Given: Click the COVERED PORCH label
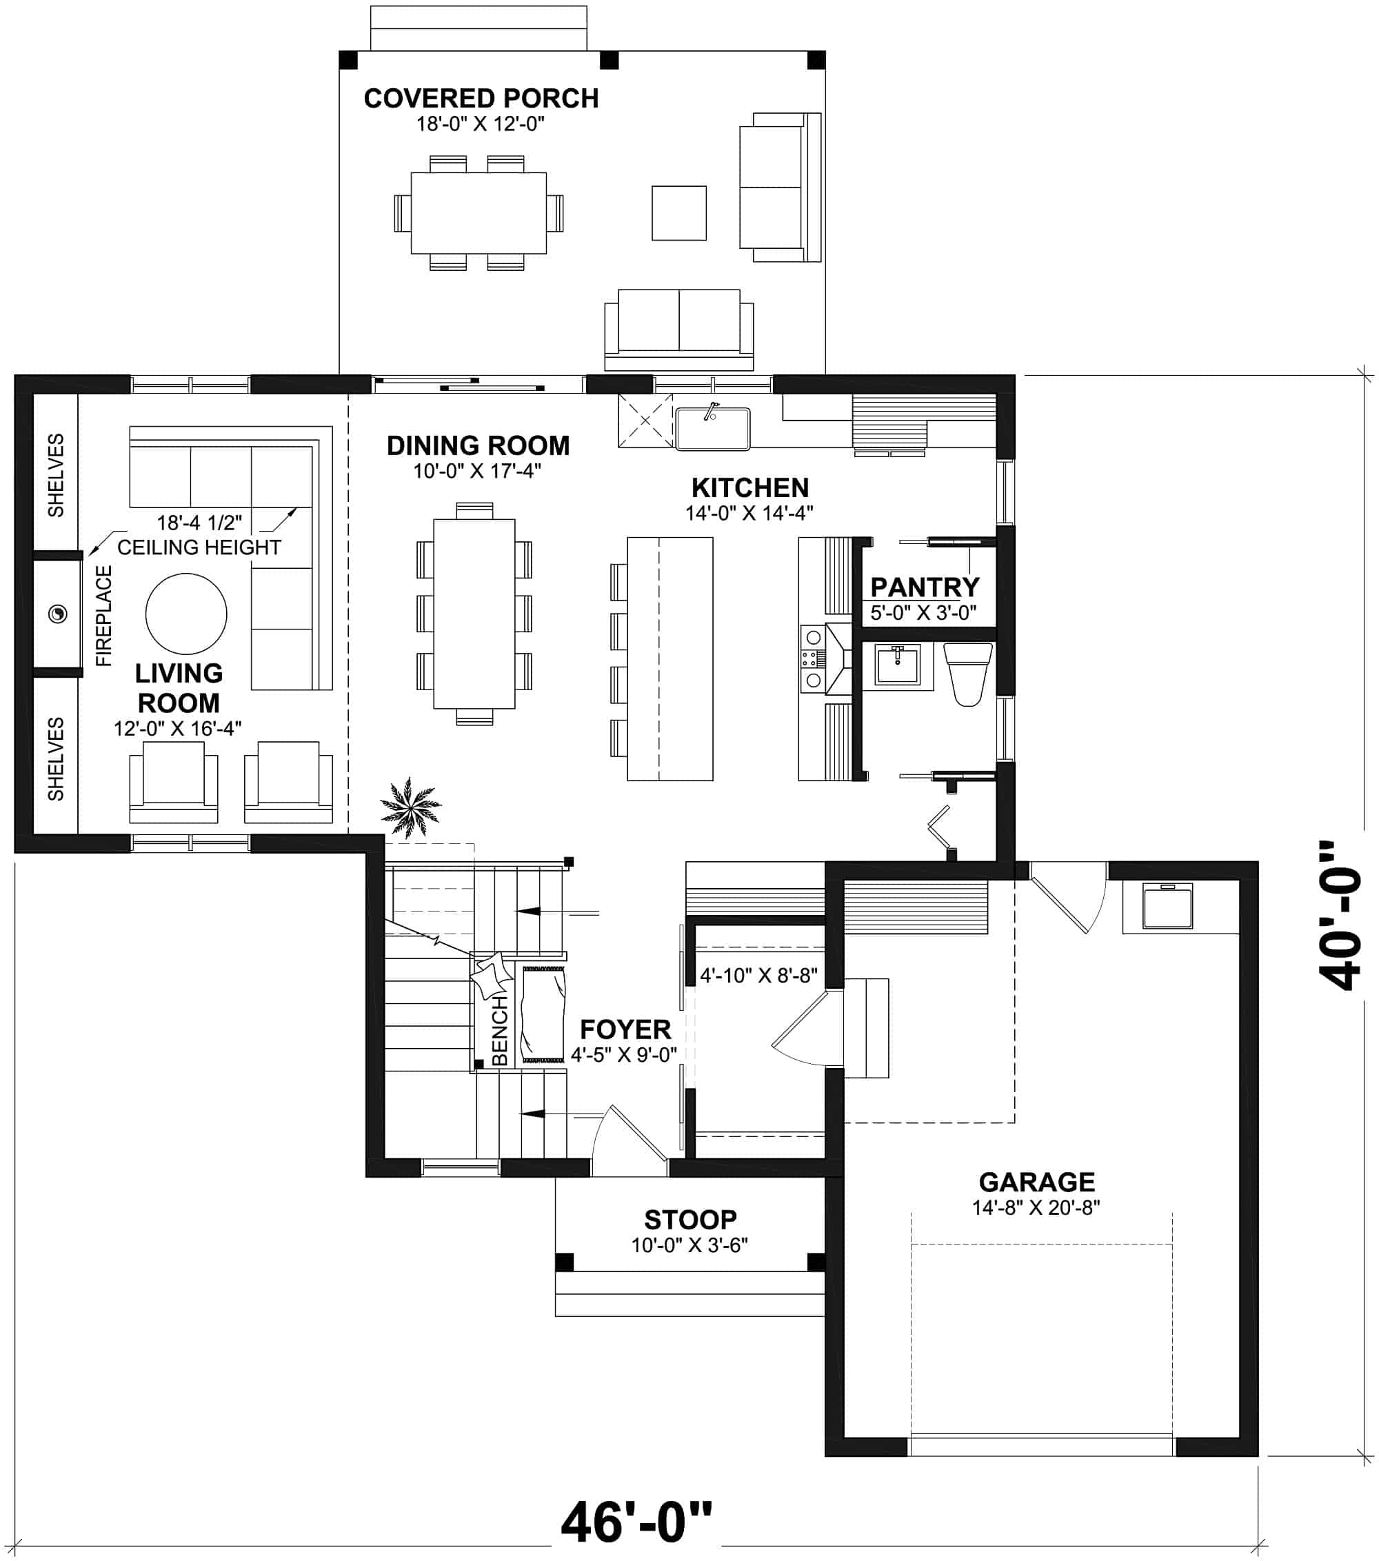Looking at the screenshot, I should [x=481, y=99].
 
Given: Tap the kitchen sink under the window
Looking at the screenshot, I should [x=712, y=428].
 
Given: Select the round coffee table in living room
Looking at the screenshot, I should [x=185, y=614].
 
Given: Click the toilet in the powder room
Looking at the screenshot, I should [x=967, y=673].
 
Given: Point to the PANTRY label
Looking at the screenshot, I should [x=924, y=587].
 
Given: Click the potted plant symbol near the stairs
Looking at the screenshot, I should [x=410, y=807].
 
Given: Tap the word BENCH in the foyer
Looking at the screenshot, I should [x=499, y=1030].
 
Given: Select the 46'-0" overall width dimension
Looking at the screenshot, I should [x=635, y=1521].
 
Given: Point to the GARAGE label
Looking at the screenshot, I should [x=1036, y=1182].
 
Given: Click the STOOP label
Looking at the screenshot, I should [x=689, y=1219].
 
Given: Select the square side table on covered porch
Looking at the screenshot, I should [x=678, y=213].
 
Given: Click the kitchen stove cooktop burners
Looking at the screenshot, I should [x=812, y=658].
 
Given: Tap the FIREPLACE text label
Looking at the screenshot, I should [x=104, y=616].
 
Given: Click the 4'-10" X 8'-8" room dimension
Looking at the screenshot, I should [x=758, y=975].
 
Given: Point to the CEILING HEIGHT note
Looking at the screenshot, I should [x=199, y=547].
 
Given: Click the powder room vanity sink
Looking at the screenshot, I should [x=897, y=665].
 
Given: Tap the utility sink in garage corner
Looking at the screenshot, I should [x=1167, y=907].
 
